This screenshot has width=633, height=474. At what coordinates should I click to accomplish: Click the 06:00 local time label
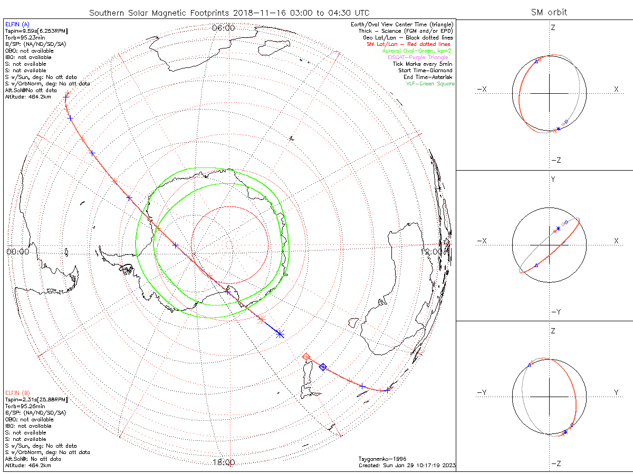coord(224,28)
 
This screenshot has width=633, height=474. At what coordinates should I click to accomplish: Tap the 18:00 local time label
coord(224,462)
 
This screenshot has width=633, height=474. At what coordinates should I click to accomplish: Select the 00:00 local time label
coord(17,252)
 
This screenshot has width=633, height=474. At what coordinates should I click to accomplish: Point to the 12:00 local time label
coord(433,252)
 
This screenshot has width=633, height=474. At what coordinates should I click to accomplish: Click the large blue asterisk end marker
coord(280,333)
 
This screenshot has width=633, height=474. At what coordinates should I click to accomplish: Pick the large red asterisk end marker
coord(261,319)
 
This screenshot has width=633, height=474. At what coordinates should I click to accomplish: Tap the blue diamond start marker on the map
coord(323,367)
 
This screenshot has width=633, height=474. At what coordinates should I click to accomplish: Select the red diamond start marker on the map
coord(306,357)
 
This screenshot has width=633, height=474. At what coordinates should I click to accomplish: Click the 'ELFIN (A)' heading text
coord(17,24)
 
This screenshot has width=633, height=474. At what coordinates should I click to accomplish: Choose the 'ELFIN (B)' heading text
coord(17,393)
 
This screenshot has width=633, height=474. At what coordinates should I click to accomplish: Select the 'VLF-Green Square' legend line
coord(430,84)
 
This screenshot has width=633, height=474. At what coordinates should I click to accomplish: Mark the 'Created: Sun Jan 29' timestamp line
coord(407,466)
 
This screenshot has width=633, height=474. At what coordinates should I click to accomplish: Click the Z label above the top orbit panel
coord(553,27)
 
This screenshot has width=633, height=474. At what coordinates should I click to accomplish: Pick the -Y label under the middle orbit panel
coord(555,312)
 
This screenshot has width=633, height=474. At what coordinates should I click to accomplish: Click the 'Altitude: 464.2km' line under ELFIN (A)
coord(28,97)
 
